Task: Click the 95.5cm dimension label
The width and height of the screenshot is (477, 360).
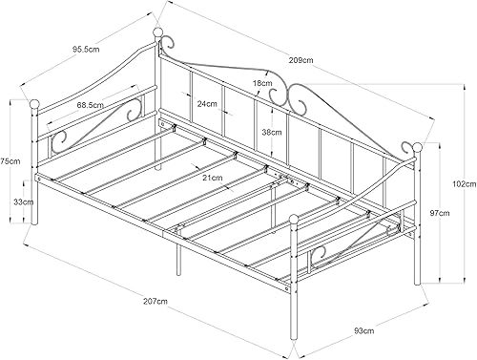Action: click(x=86, y=50)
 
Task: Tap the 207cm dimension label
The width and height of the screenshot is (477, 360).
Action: click(x=156, y=301)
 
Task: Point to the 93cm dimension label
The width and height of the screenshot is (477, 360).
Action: click(x=364, y=330)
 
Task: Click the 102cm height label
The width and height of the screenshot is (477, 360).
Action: click(x=465, y=183)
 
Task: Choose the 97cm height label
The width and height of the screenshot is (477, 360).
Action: click(x=440, y=213)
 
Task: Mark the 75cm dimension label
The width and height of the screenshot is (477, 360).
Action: click(x=10, y=161)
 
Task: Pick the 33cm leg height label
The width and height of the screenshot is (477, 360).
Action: click(x=23, y=201)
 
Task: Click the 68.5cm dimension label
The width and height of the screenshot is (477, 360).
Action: click(x=90, y=104)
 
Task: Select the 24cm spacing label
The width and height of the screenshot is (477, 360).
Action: click(x=207, y=104)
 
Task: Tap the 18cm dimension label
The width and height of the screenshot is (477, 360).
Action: click(x=262, y=83)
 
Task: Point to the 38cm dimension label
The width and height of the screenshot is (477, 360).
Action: click(x=271, y=132)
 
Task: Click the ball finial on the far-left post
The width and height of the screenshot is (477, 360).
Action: click(x=34, y=104)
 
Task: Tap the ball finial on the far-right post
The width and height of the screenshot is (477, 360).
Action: click(x=417, y=148)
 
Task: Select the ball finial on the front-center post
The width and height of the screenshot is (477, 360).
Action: click(x=295, y=220)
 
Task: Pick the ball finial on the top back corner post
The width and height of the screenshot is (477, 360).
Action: click(x=157, y=32)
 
